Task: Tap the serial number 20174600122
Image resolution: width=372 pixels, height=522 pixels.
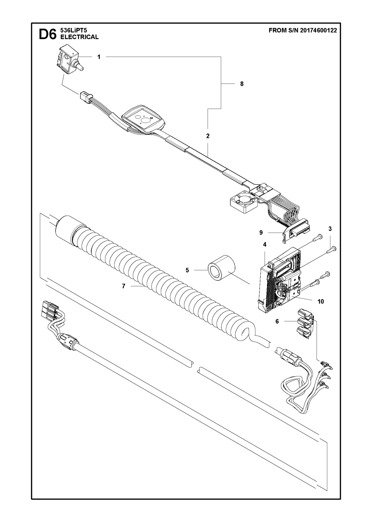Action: pos(318,31)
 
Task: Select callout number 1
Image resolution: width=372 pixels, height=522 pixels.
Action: pos(99,57)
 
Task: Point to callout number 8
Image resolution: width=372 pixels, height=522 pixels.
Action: pos(242,84)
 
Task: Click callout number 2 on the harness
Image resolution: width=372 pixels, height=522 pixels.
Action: pos(208,136)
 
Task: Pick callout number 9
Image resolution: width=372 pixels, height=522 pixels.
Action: pos(261,232)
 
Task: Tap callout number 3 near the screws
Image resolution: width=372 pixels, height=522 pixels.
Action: pos(330,229)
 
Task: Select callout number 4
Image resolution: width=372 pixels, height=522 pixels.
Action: pos(264,245)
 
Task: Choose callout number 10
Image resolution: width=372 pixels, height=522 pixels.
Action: pos(320,301)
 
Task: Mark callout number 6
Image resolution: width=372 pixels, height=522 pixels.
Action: pos(277,321)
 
